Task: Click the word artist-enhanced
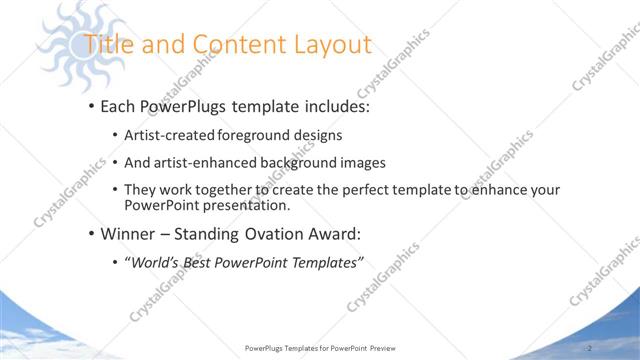(x=205, y=162)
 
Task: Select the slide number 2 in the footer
(x=590, y=347)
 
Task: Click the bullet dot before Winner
(x=91, y=235)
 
